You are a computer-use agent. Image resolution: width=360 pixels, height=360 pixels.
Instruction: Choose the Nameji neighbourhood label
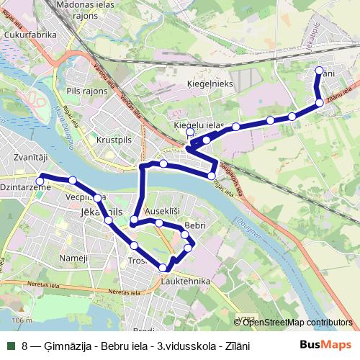[x=73, y=258]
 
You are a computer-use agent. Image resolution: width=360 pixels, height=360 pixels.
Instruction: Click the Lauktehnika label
[x=186, y=281]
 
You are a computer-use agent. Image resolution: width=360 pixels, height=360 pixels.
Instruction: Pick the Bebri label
[x=195, y=226]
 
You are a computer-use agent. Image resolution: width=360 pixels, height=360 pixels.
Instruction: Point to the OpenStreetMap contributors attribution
[x=297, y=322]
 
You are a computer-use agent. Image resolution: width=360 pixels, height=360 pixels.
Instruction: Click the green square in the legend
[x=11, y=346]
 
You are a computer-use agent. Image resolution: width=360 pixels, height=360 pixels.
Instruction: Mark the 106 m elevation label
[x=23, y=320]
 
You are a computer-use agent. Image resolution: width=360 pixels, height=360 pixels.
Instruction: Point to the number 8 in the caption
[x=25, y=346]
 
